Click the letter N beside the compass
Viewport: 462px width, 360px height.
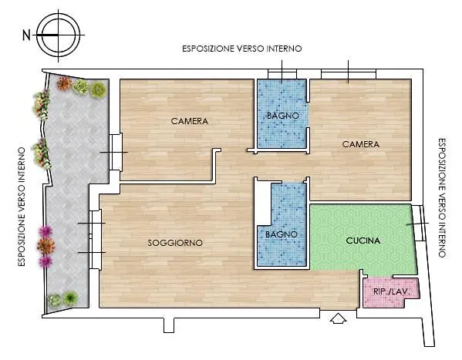(26, 35)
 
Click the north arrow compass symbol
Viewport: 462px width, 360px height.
(59, 35)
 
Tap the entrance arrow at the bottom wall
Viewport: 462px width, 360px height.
(339, 318)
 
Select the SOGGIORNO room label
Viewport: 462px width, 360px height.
(175, 243)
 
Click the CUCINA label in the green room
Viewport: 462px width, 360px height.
(363, 241)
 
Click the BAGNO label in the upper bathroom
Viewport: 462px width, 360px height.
(283, 116)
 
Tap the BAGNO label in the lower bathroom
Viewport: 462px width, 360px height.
(282, 234)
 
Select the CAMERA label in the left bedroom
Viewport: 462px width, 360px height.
(190, 121)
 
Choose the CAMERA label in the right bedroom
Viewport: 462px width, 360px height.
(361, 144)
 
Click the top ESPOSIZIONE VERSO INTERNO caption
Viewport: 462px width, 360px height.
(242, 49)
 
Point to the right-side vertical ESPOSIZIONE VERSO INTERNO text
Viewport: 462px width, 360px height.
(442, 198)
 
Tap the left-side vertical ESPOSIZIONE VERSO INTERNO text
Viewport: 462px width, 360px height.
(22, 207)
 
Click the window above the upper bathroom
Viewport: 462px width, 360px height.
(282, 74)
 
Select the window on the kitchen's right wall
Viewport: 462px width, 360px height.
(418, 223)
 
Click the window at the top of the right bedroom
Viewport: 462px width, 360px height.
(349, 74)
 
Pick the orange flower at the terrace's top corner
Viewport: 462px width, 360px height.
(64, 83)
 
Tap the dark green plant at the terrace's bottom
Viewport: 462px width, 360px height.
(70, 298)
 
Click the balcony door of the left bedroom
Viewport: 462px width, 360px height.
(116, 153)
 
